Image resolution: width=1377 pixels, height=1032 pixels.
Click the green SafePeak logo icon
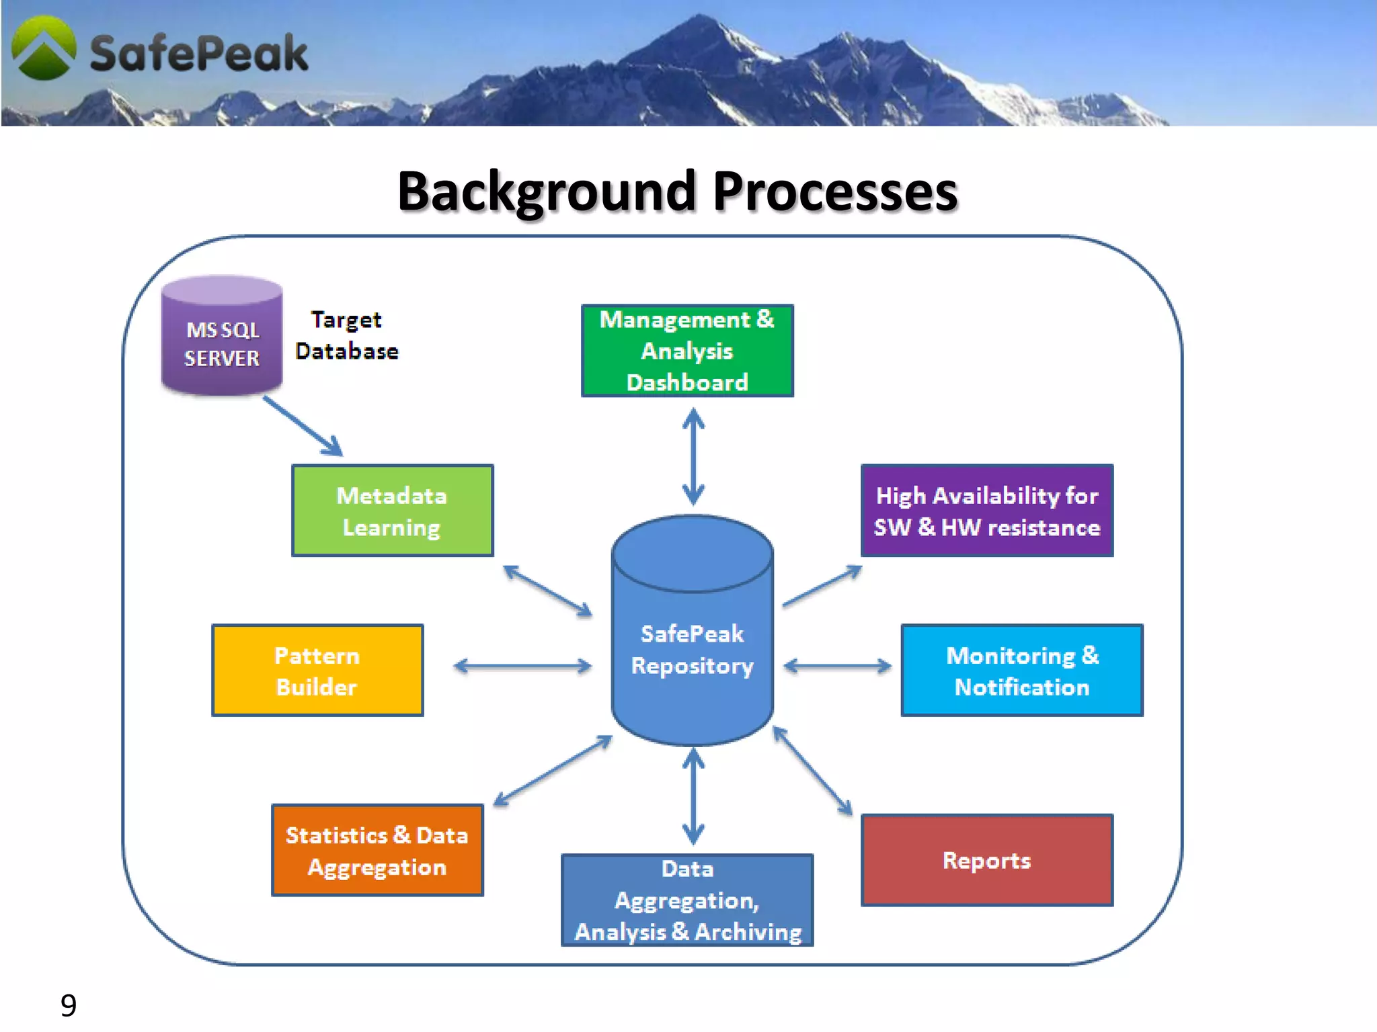click(x=44, y=48)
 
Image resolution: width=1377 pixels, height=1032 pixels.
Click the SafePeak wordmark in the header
click(x=199, y=54)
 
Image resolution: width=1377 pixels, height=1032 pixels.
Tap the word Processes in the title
click(x=834, y=192)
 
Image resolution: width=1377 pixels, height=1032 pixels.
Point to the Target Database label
click(x=347, y=335)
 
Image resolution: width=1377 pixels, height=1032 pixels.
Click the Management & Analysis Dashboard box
click(x=687, y=351)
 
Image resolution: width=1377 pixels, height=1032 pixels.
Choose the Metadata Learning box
click(x=392, y=511)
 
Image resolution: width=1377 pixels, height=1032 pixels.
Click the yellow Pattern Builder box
click(x=317, y=671)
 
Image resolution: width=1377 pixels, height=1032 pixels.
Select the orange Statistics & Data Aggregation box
click(x=377, y=851)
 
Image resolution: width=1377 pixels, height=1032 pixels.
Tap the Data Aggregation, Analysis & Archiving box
click(x=687, y=900)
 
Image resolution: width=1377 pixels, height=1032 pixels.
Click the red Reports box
click(x=986, y=861)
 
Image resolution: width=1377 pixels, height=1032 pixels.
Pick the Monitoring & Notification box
click(x=1021, y=671)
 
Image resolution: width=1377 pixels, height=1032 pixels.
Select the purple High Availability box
click(x=986, y=511)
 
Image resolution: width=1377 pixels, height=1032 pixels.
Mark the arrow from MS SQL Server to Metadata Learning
click(x=303, y=426)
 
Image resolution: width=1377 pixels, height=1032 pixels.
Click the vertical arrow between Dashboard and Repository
click(x=693, y=457)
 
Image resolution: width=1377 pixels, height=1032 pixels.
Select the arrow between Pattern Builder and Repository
click(x=522, y=666)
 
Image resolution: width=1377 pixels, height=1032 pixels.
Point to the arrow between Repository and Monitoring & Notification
click(x=837, y=666)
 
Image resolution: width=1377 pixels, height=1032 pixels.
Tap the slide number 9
click(x=69, y=1005)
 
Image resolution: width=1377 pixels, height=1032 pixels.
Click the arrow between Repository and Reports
click(x=812, y=771)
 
